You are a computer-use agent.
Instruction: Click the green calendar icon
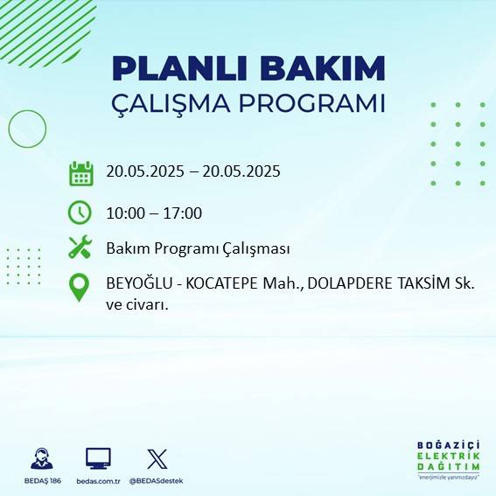click(x=80, y=173)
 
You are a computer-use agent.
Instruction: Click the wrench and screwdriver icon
click(x=80, y=248)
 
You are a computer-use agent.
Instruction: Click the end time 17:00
click(x=184, y=213)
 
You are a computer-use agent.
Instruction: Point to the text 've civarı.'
click(x=136, y=305)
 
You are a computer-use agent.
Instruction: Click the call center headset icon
click(x=40, y=458)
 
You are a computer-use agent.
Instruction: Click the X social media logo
click(x=157, y=458)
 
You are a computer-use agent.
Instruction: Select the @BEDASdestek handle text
click(x=157, y=481)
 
